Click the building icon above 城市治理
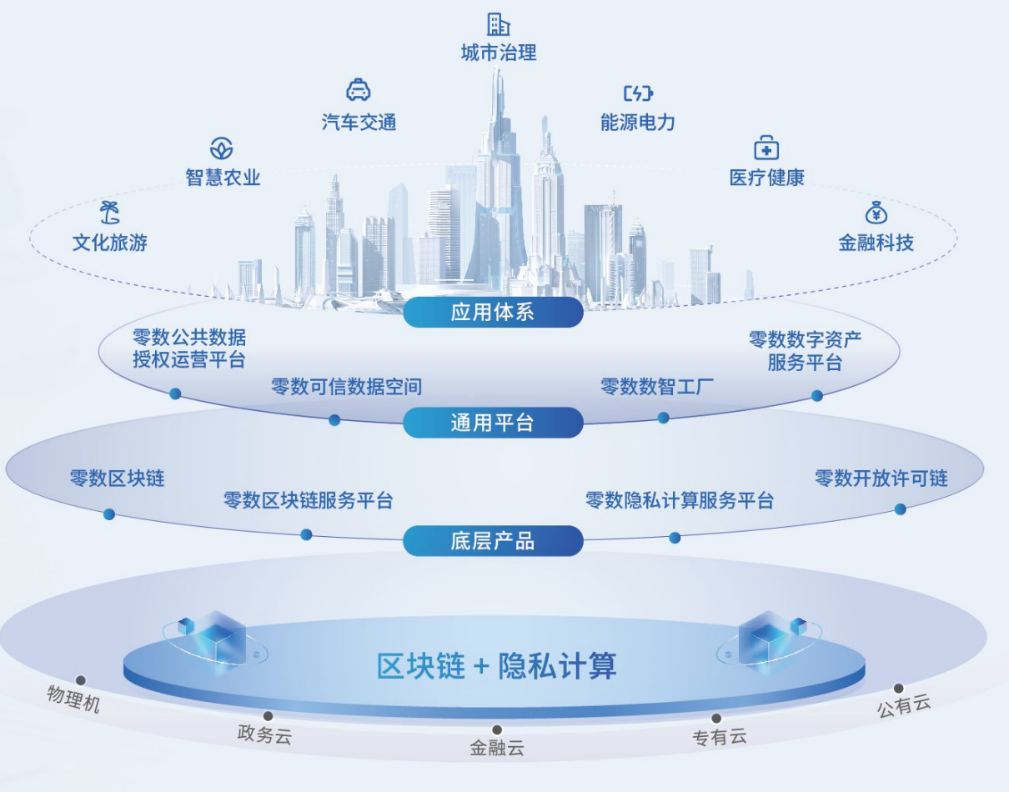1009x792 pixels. coord(499,24)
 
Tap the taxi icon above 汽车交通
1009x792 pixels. coord(359,89)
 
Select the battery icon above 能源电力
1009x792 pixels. coord(638,93)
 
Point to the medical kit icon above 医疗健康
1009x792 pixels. coord(766,148)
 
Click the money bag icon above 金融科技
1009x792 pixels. coord(876,213)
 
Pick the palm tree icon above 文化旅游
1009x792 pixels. coord(110,213)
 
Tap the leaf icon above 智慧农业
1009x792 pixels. coord(222,148)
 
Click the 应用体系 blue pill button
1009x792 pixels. coord(493,312)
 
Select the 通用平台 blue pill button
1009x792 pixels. coord(493,423)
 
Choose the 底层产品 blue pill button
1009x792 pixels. coord(493,541)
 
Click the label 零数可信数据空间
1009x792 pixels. coord(346,387)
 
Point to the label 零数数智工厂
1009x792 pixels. coord(656,386)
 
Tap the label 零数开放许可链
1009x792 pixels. coord(881,479)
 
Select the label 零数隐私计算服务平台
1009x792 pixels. coord(680,500)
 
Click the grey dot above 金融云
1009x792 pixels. coord(497,729)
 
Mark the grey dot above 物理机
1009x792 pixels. coord(80,680)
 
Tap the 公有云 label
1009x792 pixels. coord(904,705)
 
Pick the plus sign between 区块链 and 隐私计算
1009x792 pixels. coord(481,667)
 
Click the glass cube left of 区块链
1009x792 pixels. coord(218,639)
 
